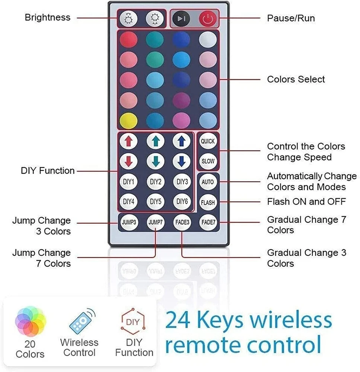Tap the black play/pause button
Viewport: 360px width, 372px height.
click(x=181, y=19)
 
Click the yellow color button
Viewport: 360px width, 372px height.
click(x=128, y=121)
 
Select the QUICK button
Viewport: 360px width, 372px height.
click(x=208, y=141)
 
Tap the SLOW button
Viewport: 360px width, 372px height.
click(x=208, y=161)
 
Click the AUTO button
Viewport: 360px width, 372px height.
click(x=208, y=182)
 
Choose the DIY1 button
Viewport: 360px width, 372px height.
click(x=128, y=182)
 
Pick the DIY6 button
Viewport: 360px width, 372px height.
click(x=182, y=202)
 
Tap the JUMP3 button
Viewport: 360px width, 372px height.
click(x=129, y=223)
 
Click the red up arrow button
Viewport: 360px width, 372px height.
click(x=128, y=141)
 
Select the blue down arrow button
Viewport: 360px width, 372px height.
click(x=182, y=161)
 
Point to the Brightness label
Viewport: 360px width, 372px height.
click(x=47, y=17)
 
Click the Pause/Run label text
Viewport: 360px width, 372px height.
click(x=291, y=18)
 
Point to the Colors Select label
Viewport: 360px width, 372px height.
click(x=296, y=79)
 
